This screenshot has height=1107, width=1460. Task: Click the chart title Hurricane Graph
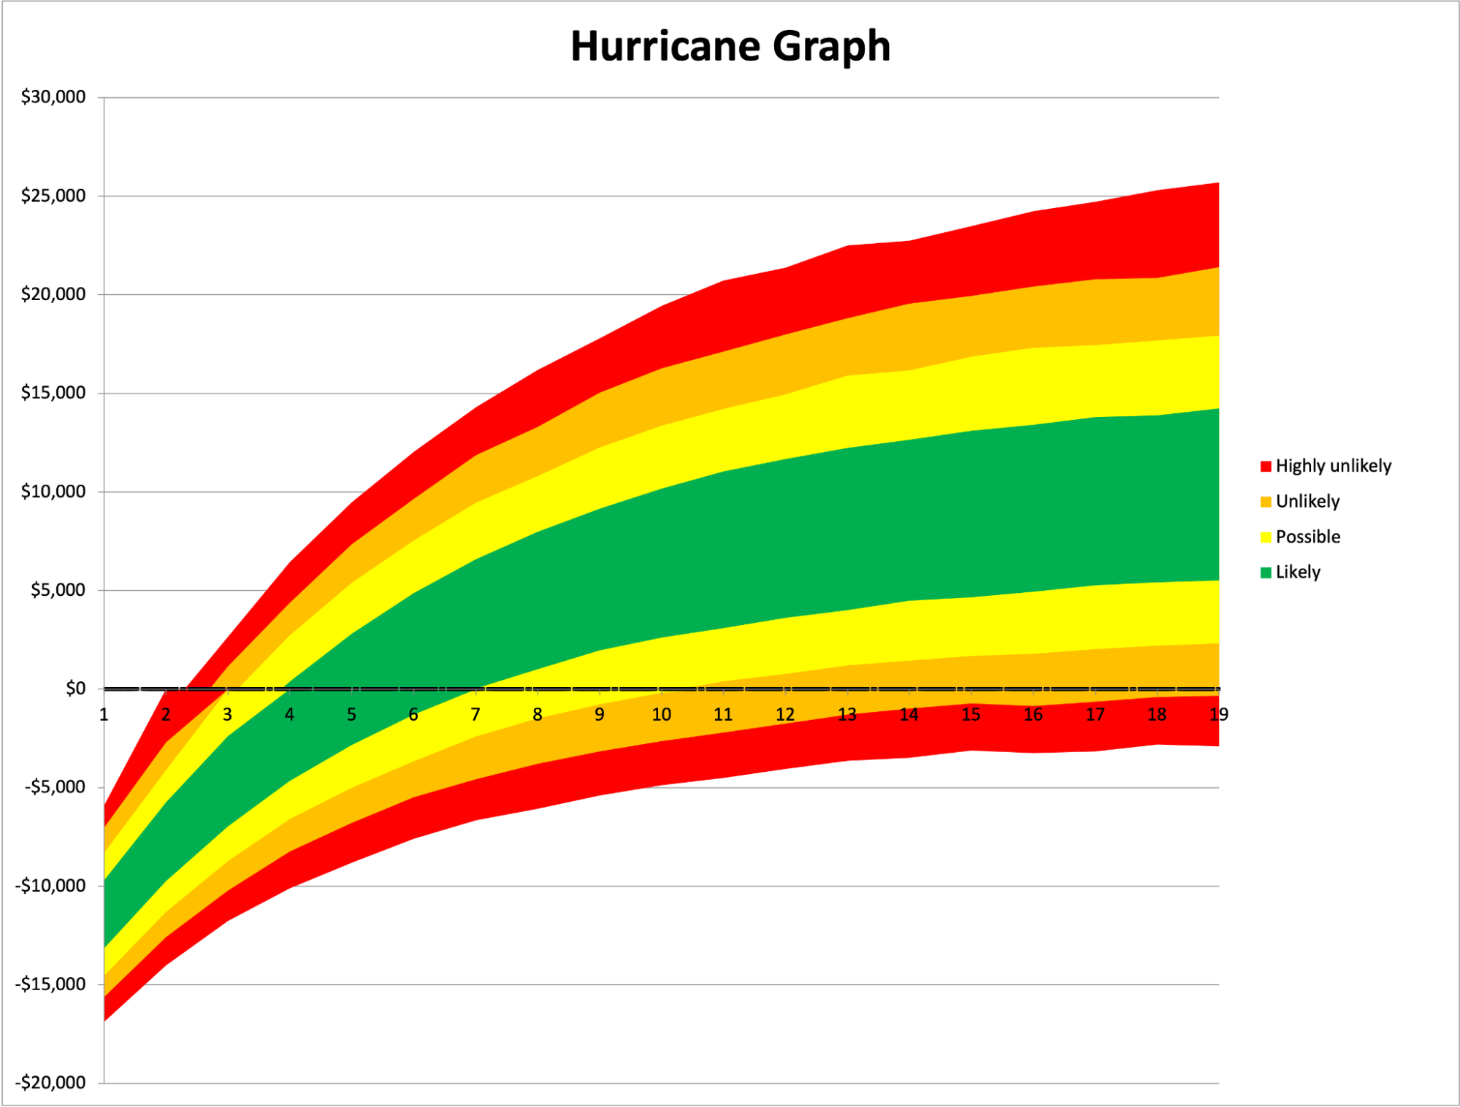click(x=730, y=46)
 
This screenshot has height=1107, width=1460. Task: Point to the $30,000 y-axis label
click(x=53, y=97)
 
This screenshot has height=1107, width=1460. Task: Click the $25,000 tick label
click(x=53, y=196)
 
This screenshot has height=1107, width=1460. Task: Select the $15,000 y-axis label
click(x=53, y=393)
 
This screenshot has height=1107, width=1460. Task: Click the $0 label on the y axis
click(x=75, y=689)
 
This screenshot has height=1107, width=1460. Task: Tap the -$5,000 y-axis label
click(x=55, y=787)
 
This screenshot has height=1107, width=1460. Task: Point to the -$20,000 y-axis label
click(x=51, y=1083)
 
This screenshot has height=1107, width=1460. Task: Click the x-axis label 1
click(x=104, y=715)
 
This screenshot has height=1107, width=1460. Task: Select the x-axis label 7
click(x=475, y=715)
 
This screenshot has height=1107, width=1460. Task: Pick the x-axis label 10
click(x=661, y=715)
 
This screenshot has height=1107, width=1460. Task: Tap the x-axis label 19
click(x=1218, y=715)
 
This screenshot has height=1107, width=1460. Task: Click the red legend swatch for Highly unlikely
click(x=1266, y=467)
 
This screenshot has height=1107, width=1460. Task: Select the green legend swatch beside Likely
click(x=1266, y=572)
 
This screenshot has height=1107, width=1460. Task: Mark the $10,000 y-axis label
click(x=53, y=491)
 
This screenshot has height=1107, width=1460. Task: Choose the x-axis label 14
click(x=909, y=715)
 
